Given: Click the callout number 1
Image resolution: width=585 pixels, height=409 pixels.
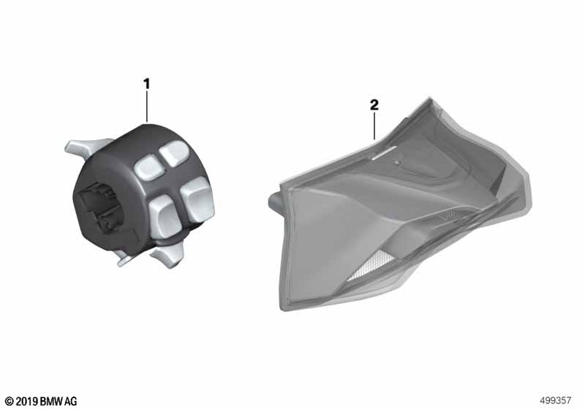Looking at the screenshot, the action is [147, 84].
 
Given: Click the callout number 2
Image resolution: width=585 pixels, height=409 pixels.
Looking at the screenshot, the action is [374, 105].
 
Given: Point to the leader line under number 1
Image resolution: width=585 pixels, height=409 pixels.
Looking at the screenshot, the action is [147, 107].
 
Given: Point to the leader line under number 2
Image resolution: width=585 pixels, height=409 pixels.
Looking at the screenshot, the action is [374, 126].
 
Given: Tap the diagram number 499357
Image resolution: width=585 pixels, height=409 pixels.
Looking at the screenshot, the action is [556, 400].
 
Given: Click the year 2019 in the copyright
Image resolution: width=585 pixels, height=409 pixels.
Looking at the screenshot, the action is [26, 401].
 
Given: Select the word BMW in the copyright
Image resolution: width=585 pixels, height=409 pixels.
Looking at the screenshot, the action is [51, 401].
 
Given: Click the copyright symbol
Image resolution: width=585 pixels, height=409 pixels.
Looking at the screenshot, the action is [10, 401].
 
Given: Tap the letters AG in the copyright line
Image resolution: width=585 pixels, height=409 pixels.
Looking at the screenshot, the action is [71, 401].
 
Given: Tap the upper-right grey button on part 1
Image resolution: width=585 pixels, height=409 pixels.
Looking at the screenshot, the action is [175, 153].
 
